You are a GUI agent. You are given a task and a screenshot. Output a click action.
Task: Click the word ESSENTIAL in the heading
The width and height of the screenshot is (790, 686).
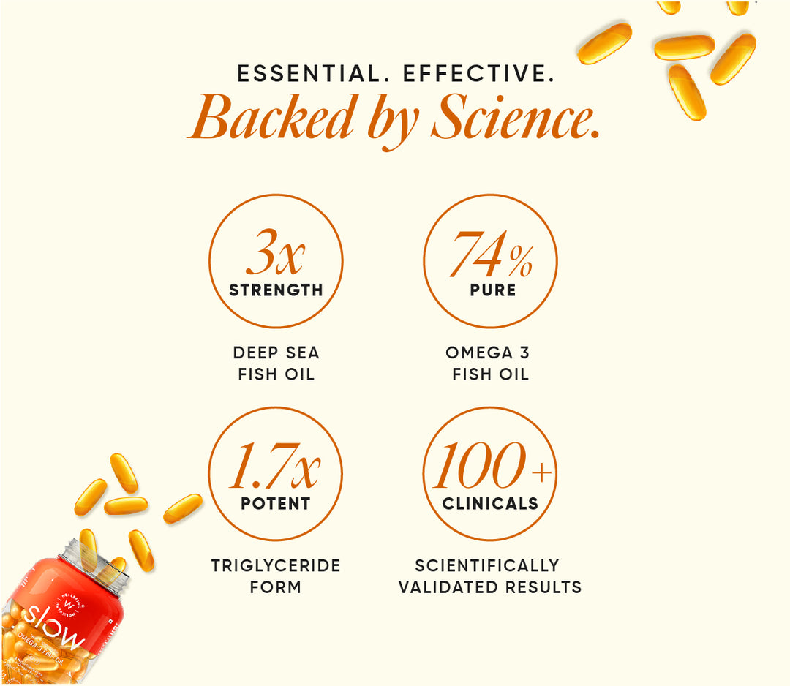(309, 74)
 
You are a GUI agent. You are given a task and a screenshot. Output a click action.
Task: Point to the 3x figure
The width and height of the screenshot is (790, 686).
(276, 252)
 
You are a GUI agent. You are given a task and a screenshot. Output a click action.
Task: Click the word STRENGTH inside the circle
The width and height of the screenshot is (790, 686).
(276, 290)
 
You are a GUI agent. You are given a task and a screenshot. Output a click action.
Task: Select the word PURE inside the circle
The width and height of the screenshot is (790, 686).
(493, 290)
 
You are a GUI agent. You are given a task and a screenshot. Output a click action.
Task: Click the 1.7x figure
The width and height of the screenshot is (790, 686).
(275, 465)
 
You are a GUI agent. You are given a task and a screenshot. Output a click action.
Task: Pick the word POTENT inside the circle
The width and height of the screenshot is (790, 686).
(276, 503)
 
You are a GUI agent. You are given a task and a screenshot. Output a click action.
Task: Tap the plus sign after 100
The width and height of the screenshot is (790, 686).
(542, 473)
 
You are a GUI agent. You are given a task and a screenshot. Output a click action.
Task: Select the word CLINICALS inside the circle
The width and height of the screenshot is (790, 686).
(490, 503)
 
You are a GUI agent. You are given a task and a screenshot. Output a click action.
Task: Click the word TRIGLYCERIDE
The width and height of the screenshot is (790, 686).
(276, 565)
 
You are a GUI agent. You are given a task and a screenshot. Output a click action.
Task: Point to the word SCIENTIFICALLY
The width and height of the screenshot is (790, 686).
(487, 565)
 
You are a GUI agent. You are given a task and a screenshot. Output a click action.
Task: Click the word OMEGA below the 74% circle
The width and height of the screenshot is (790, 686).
(479, 353)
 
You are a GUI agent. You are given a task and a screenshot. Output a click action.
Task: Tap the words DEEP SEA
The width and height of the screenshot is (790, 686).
(276, 353)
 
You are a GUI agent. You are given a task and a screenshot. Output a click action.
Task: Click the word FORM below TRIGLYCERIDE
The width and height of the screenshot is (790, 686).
(276, 587)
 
